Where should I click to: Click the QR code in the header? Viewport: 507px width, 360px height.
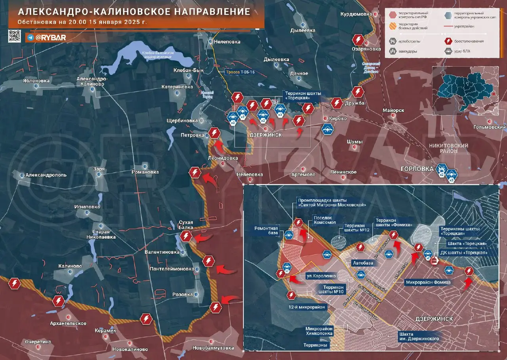[x=15, y=36]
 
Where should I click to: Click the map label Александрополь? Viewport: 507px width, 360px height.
[x=46, y=175]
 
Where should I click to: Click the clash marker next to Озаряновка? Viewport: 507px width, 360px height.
[x=358, y=40]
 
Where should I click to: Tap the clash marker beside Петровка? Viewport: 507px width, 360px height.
[x=215, y=133]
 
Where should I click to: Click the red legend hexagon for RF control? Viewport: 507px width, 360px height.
[x=393, y=15]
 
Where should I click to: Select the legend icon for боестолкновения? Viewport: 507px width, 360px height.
[x=448, y=41]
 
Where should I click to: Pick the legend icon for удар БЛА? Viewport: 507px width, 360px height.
[x=448, y=51]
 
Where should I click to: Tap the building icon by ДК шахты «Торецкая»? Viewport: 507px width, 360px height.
[x=435, y=261]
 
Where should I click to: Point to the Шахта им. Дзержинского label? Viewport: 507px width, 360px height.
[x=419, y=336]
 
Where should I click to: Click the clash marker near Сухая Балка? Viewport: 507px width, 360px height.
[x=186, y=237]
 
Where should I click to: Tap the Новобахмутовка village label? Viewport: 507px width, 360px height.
[x=213, y=348]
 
